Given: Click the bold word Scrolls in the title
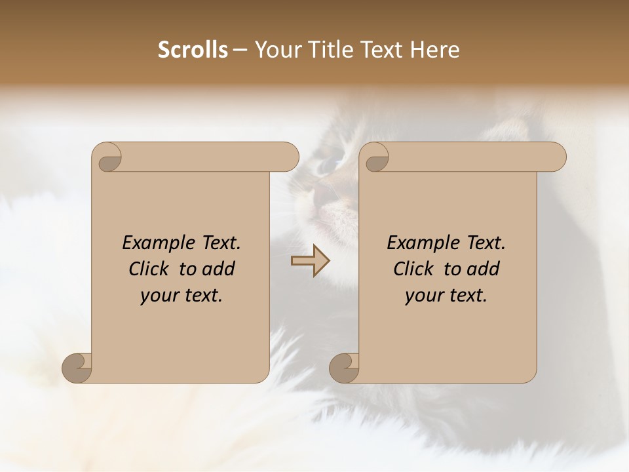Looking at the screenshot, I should pyautogui.click(x=193, y=50).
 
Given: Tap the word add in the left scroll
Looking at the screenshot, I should pyautogui.click(x=219, y=269).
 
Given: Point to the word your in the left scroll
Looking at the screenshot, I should pyautogui.click(x=159, y=296).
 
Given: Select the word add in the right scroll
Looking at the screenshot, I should pyautogui.click(x=484, y=269).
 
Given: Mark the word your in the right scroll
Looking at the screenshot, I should pyautogui.click(x=424, y=296).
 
